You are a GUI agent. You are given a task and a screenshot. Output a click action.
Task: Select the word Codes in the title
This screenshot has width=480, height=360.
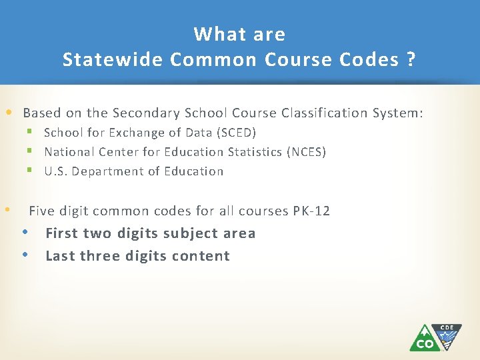pos(368,60)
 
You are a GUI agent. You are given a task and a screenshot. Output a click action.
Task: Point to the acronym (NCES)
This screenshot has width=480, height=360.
pos(306,152)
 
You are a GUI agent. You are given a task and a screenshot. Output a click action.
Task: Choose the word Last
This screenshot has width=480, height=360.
pos(60,256)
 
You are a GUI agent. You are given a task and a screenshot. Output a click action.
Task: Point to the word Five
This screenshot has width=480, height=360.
pos(41,211)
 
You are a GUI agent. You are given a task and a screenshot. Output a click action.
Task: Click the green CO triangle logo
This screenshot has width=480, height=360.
pos(424,338)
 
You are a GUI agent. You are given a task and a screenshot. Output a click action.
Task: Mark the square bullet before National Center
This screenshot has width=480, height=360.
pos(29,152)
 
